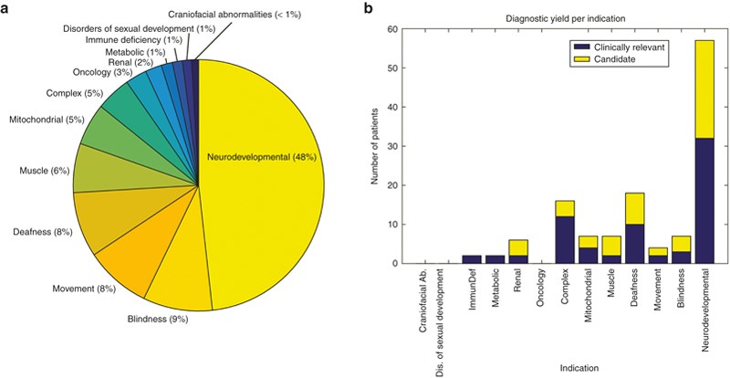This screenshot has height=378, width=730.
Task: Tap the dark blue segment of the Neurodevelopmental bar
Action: point(705,201)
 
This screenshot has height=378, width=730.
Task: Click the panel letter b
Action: point(368,8)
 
